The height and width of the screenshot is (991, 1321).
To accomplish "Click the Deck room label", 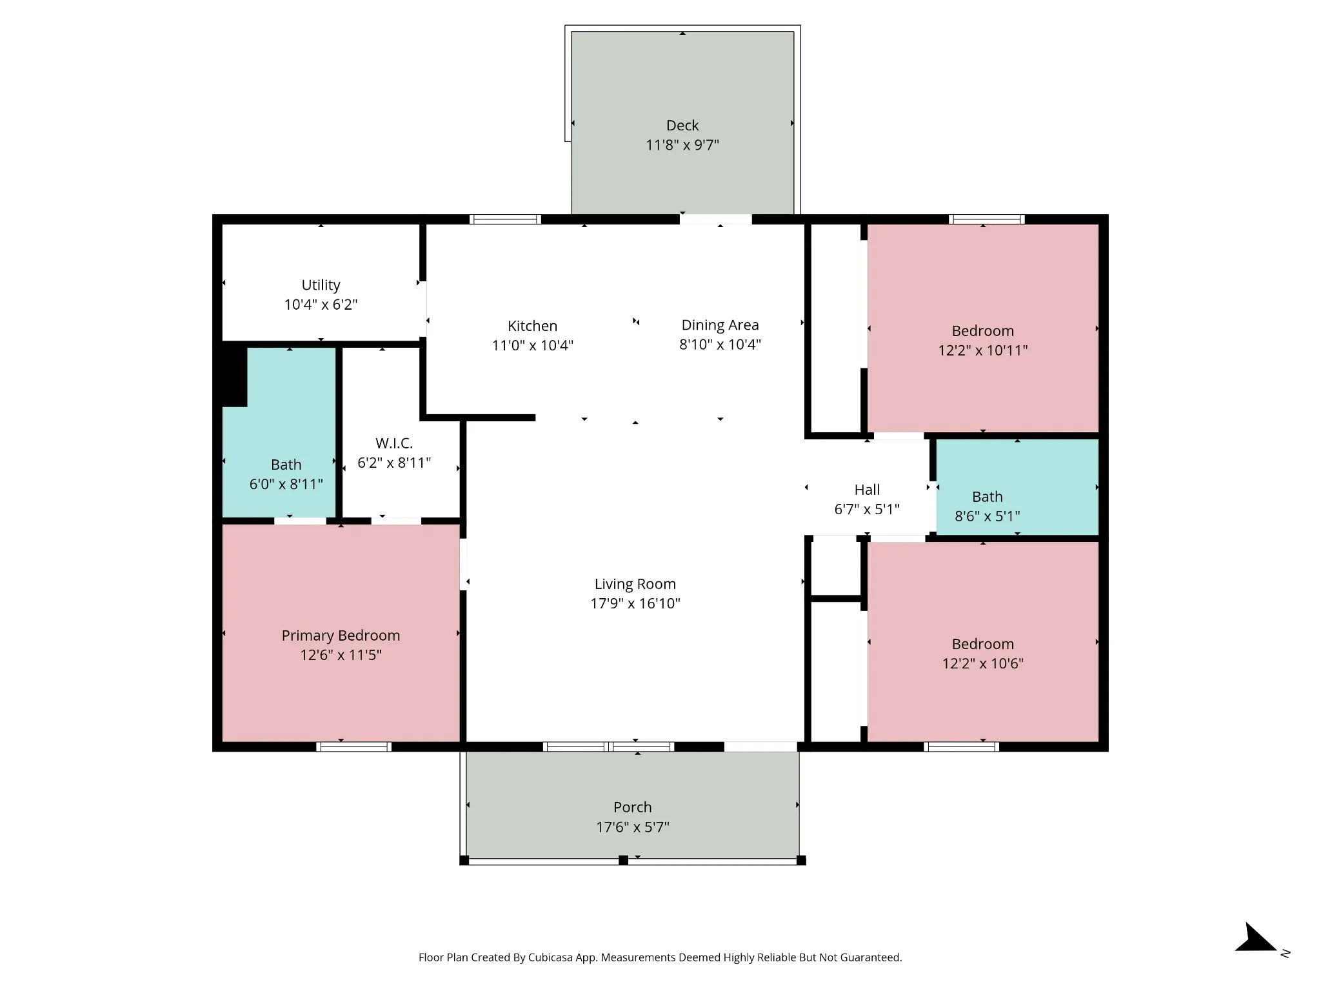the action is click(682, 125).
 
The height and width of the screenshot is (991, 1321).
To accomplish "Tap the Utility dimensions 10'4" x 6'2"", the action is click(321, 305).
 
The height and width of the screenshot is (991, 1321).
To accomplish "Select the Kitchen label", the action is click(532, 326).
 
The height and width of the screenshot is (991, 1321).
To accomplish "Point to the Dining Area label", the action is click(720, 325).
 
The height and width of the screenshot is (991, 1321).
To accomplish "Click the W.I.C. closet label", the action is click(394, 443).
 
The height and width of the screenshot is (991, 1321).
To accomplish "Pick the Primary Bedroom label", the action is click(341, 636).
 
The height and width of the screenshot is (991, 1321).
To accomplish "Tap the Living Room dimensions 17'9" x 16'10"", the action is click(635, 603).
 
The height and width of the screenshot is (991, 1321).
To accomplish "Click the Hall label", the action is click(867, 490).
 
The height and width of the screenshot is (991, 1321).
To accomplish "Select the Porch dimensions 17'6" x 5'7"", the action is click(633, 827).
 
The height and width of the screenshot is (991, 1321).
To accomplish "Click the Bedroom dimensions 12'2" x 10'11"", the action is click(982, 350).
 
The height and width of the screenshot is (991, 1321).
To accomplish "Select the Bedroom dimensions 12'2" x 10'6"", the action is click(982, 663).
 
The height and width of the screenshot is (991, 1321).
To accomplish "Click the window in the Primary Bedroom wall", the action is click(353, 746).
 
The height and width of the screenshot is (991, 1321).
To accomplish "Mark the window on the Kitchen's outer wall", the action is click(505, 219).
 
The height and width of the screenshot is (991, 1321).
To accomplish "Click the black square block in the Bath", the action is click(234, 377).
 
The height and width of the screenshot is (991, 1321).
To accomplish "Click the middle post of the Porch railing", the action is click(623, 860).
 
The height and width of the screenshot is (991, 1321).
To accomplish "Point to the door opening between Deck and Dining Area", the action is click(716, 219).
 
